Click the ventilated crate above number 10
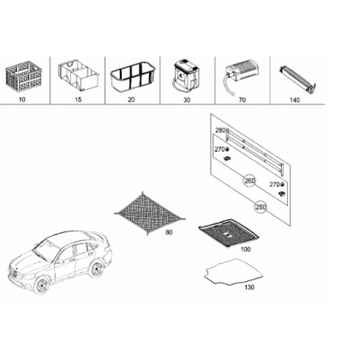click(x=24, y=76)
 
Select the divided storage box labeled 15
click(x=79, y=75)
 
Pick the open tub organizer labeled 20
click(x=131, y=77)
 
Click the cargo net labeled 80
click(x=149, y=213)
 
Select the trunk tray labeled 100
click(x=229, y=232)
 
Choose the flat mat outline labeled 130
click(x=234, y=272)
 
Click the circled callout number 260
click(x=249, y=181)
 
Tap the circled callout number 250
click(x=261, y=207)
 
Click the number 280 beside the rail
click(x=220, y=130)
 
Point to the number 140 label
click(x=295, y=100)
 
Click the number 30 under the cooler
click(x=187, y=100)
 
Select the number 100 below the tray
click(x=245, y=249)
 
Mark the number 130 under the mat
click(x=249, y=287)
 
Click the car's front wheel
click(x=42, y=285)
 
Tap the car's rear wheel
click(x=96, y=268)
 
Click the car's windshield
click(x=45, y=250)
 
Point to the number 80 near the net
click(x=169, y=232)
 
